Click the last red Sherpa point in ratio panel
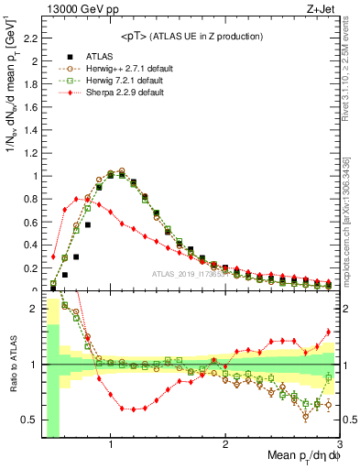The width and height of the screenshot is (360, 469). coord(328,332)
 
